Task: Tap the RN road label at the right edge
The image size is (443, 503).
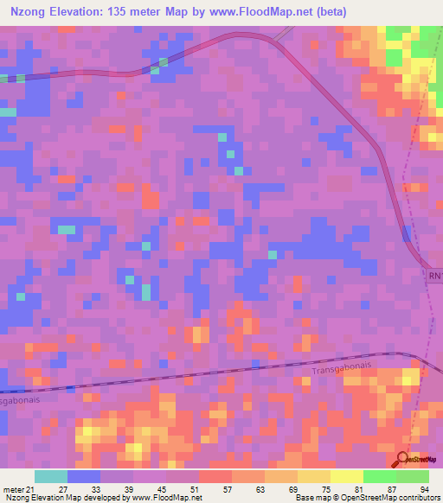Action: click(434, 276)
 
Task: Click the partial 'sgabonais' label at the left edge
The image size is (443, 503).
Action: click(20, 400)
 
